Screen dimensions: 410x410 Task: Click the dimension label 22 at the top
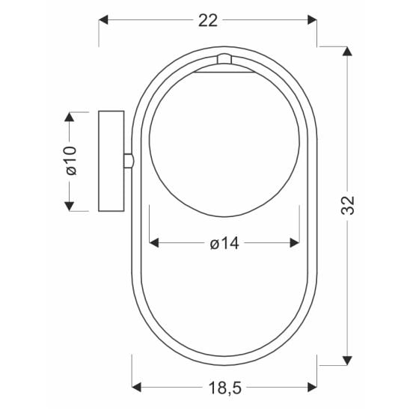[208, 21]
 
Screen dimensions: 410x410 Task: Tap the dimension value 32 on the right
[348, 205]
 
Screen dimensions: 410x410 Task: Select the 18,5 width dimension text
[225, 388]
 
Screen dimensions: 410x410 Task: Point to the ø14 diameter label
[224, 243]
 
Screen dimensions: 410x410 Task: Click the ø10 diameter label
[71, 161]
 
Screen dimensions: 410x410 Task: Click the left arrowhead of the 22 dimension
[103, 20]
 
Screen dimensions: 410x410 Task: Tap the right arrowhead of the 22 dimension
[312, 20]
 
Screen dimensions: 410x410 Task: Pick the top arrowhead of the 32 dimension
[347, 51]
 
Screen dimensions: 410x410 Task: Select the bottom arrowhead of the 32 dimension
[347, 361]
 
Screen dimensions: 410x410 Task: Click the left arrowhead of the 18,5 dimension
[136, 387]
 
